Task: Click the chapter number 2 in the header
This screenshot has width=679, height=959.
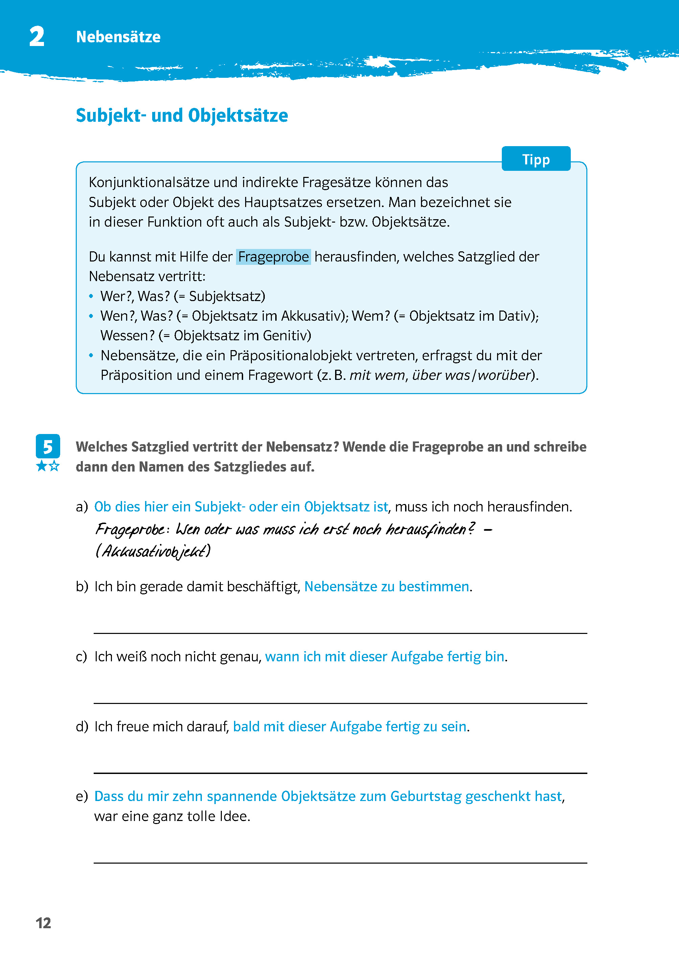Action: [37, 37]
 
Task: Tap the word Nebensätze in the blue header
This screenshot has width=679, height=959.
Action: [118, 37]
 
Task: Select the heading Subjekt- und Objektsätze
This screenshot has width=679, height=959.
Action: [182, 115]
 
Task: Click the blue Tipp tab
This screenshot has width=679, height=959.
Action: [536, 159]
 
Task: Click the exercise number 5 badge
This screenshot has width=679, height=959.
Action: [48, 446]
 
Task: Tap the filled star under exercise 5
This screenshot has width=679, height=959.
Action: [41, 466]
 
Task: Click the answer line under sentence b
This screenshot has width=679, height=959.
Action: [340, 633]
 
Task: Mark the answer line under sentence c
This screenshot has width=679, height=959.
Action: [340, 703]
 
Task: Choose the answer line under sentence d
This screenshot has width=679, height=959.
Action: [340, 773]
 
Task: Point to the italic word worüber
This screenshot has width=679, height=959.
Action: [504, 375]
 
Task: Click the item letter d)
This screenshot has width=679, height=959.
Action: [81, 727]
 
